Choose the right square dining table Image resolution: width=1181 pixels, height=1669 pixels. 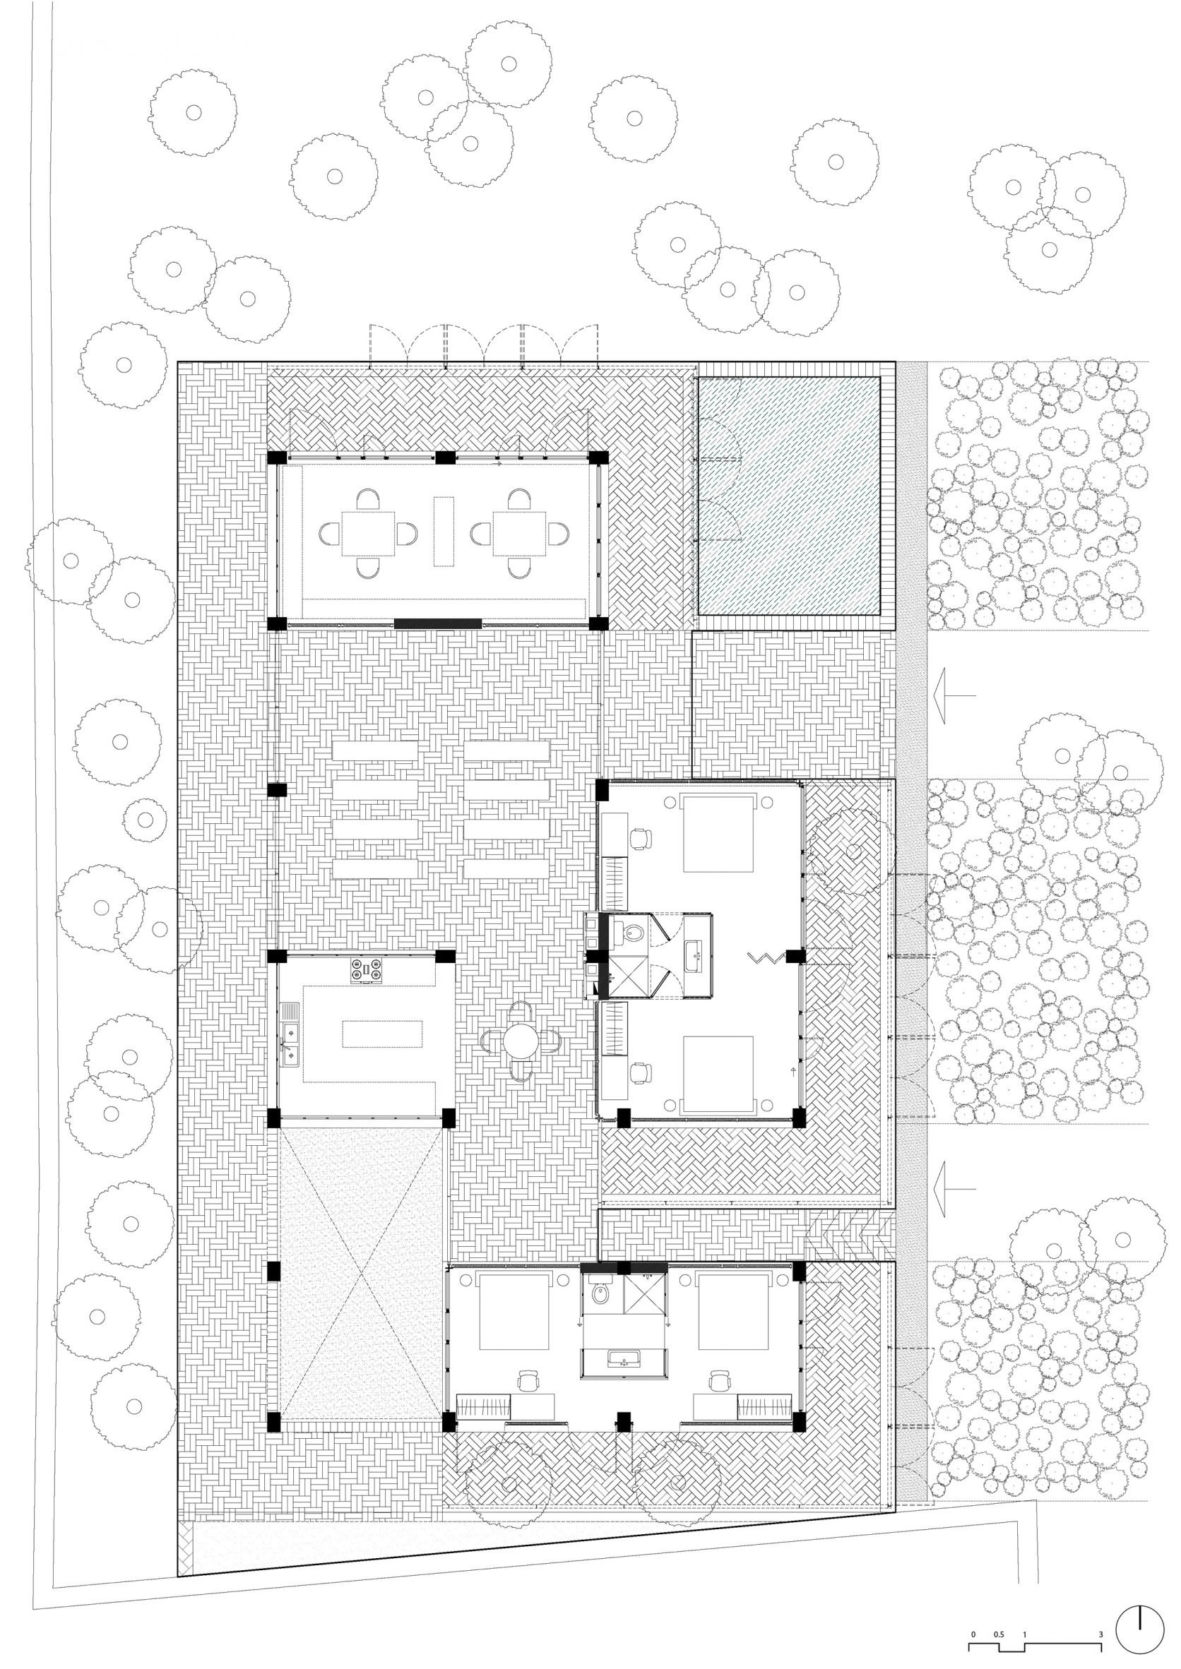[519, 534]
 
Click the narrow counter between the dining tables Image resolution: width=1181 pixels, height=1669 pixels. [444, 531]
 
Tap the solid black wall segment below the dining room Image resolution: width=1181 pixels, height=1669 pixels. [438, 623]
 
